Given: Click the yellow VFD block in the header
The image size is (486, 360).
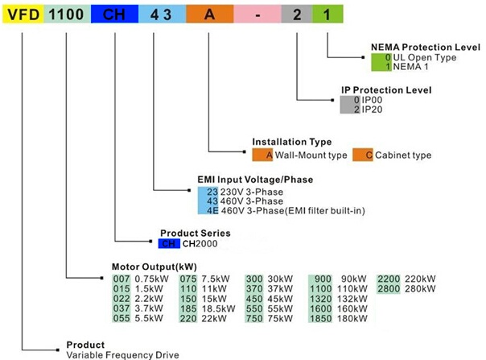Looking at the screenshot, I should [21, 14].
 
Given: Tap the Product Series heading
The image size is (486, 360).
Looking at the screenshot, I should [191, 231].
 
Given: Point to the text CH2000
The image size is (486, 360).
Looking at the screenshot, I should [200, 242].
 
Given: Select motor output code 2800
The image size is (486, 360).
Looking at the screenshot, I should [389, 288].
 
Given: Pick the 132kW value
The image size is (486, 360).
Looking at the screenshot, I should [352, 297].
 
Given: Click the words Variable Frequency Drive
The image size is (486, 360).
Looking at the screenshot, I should [122, 354].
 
